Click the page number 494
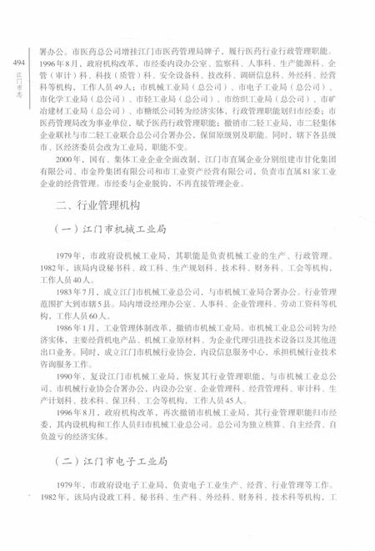click(x=17, y=63)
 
